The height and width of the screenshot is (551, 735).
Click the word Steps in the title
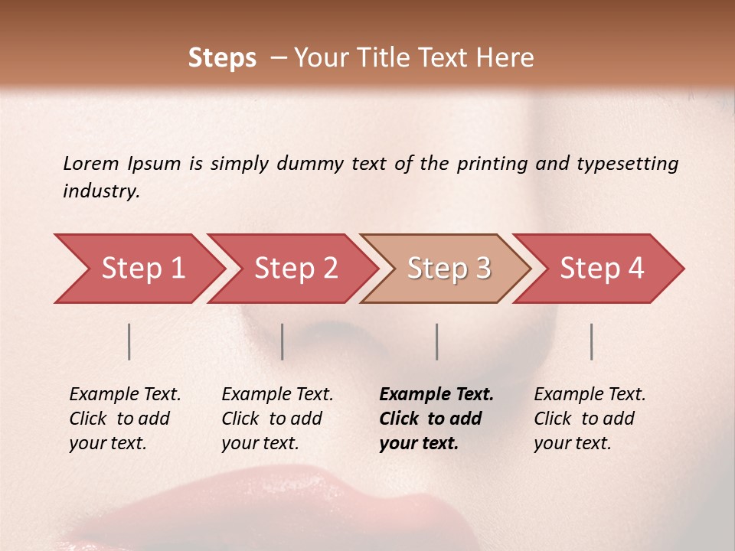222,58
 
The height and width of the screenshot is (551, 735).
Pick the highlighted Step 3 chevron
449,269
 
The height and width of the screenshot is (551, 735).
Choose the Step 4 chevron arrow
602,269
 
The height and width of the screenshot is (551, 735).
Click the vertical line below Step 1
129,341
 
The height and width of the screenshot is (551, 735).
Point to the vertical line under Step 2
283,341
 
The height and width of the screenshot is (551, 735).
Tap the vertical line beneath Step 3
437,341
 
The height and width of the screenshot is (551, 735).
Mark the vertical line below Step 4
592,341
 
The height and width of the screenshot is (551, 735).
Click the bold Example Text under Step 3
436,419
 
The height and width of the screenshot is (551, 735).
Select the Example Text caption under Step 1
125,419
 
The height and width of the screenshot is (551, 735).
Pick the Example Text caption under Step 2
277,419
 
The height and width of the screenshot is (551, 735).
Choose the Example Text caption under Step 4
590,419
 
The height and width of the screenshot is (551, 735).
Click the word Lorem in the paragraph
91,163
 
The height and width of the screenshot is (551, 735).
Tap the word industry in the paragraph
101,191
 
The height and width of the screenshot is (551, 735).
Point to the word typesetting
627,164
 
